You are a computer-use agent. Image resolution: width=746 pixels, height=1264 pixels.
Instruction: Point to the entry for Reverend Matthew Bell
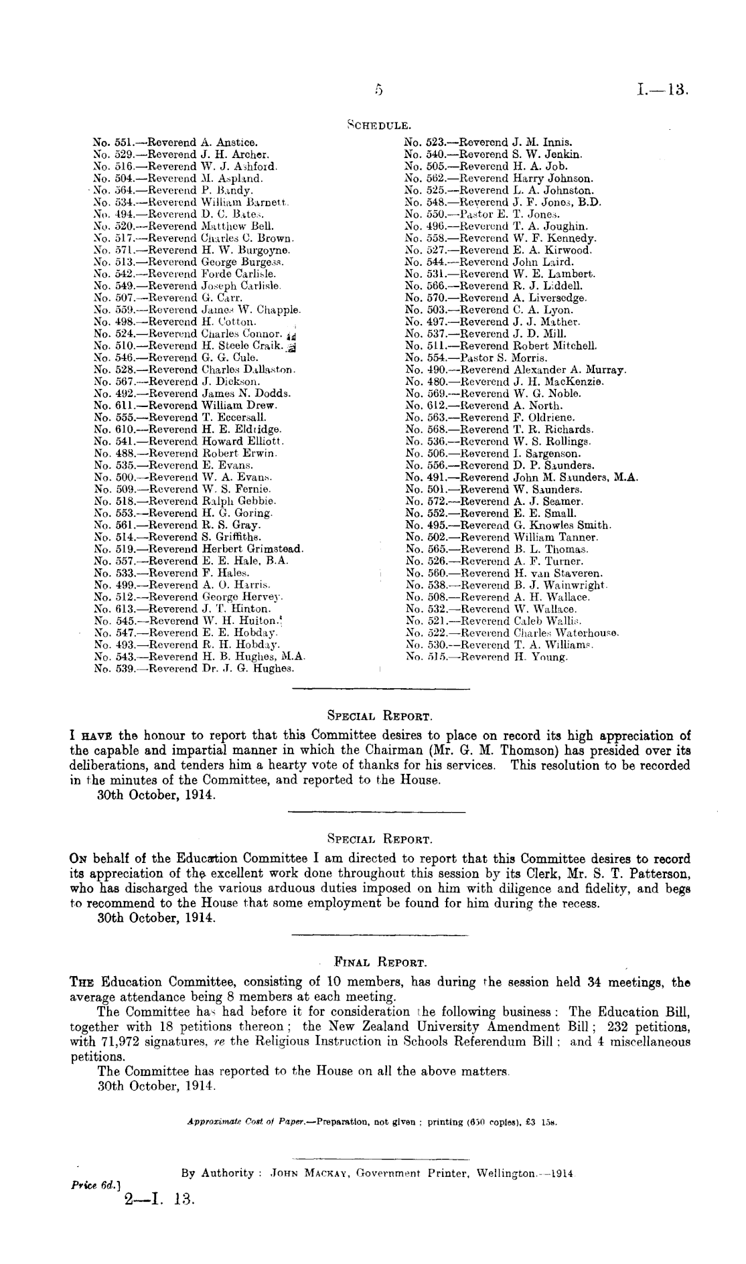tap(183, 226)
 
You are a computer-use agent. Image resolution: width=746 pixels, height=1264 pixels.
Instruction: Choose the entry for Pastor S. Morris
tap(476, 358)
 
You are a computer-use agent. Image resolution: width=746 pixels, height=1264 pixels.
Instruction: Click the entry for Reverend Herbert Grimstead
tap(199, 550)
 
